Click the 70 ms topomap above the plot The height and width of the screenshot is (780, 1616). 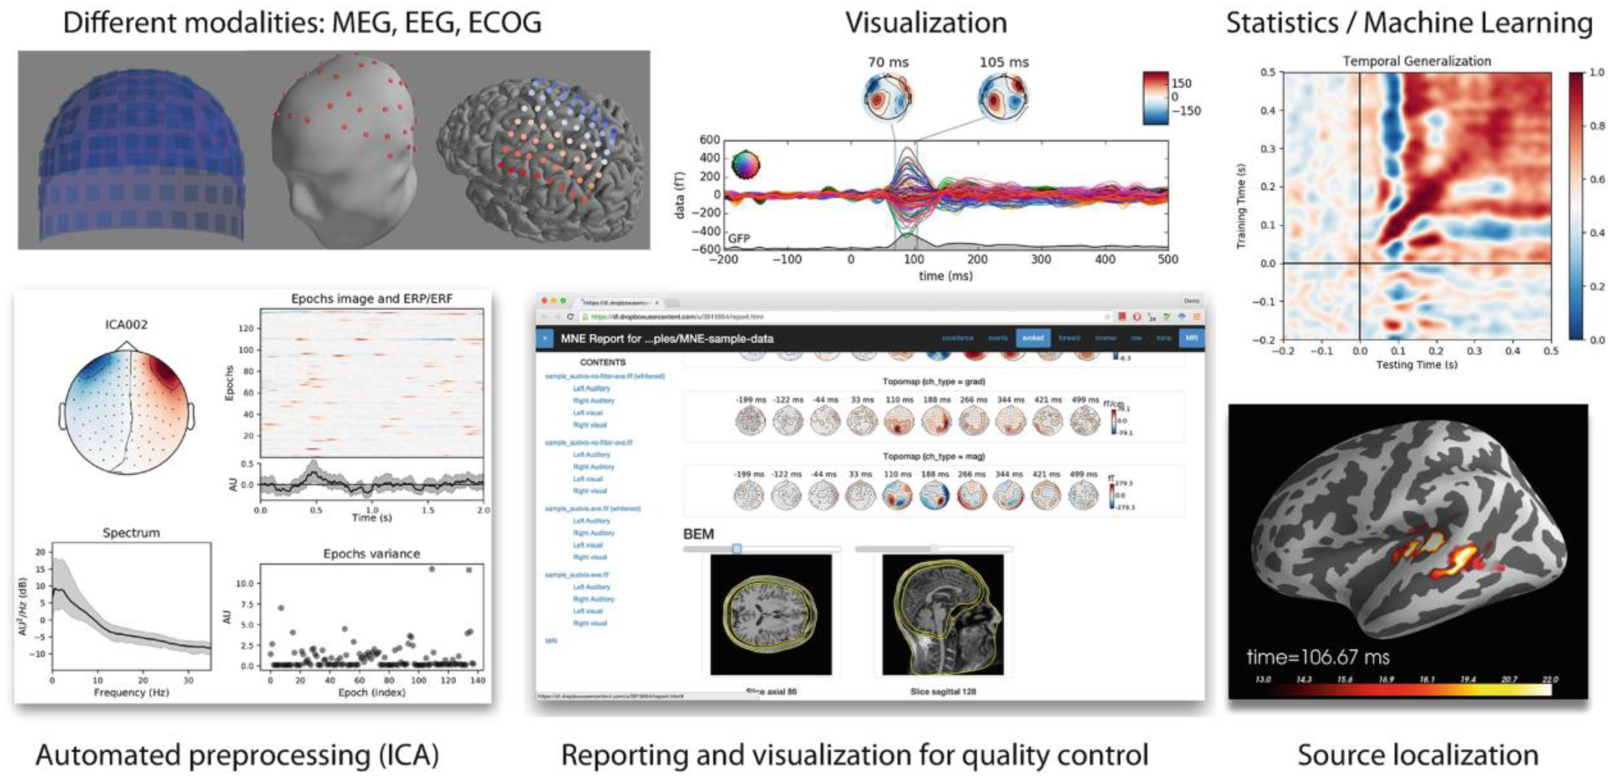tap(887, 97)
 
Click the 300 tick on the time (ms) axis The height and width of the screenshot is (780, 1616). tap(1041, 259)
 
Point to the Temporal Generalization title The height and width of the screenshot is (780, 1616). tap(1417, 61)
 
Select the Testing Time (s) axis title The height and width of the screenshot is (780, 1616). tap(1417, 365)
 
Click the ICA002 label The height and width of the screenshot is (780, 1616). tap(126, 324)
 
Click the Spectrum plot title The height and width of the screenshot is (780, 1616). tap(131, 533)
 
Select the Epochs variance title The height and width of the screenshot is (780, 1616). tap(371, 553)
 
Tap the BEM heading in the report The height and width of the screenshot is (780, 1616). tap(698, 534)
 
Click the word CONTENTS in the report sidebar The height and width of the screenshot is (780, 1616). tap(602, 362)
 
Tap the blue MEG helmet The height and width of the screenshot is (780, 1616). tap(141, 157)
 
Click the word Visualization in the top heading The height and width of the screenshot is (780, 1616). tap(926, 23)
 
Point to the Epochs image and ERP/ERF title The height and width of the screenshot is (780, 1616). tap(371, 299)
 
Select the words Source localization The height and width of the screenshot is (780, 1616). tap(1418, 755)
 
